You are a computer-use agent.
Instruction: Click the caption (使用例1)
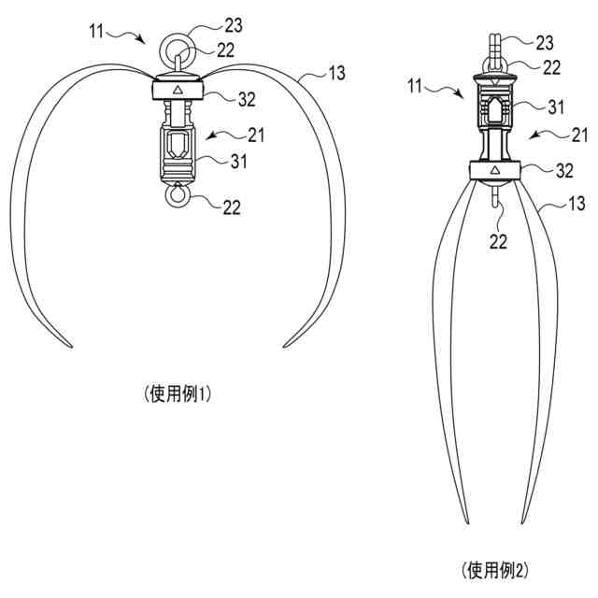point(178,393)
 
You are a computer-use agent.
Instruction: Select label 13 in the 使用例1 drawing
point(333,71)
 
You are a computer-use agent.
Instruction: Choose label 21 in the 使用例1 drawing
point(255,135)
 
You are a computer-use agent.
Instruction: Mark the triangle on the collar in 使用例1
point(178,90)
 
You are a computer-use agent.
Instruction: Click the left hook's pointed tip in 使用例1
point(70,347)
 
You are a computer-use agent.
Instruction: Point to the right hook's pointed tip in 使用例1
point(285,347)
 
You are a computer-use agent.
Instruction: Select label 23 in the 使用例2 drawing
point(544,42)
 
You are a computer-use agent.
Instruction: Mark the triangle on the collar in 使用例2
point(493,171)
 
